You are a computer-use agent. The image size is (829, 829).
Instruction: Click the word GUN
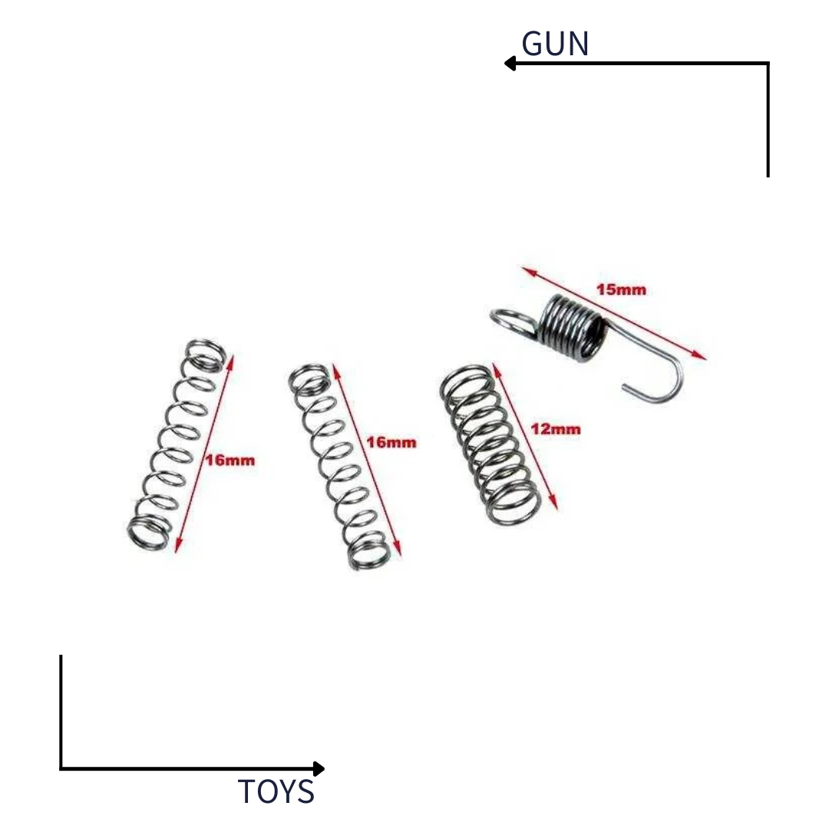pyautogui.click(x=555, y=44)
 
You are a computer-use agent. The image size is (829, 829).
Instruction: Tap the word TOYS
pyautogui.click(x=276, y=791)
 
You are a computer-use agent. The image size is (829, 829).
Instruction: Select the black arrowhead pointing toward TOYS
pyautogui.click(x=319, y=768)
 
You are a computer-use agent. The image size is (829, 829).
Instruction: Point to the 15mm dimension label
pyautogui.click(x=621, y=290)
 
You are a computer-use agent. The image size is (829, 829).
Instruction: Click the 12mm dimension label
pyautogui.click(x=555, y=429)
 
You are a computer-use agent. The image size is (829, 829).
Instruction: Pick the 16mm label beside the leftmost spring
pyautogui.click(x=230, y=461)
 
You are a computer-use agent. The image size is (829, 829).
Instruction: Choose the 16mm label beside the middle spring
pyautogui.click(x=391, y=442)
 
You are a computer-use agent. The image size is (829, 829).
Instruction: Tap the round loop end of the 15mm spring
pyautogui.click(x=512, y=320)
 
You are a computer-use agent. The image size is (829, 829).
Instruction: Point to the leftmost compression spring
pyautogui.click(x=177, y=445)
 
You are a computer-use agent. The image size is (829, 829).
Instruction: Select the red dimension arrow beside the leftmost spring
pyautogui.click(x=203, y=453)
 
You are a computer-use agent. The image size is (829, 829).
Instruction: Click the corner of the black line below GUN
pyautogui.click(x=768, y=64)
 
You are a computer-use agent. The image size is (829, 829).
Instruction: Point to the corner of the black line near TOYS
pyautogui.click(x=61, y=768)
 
